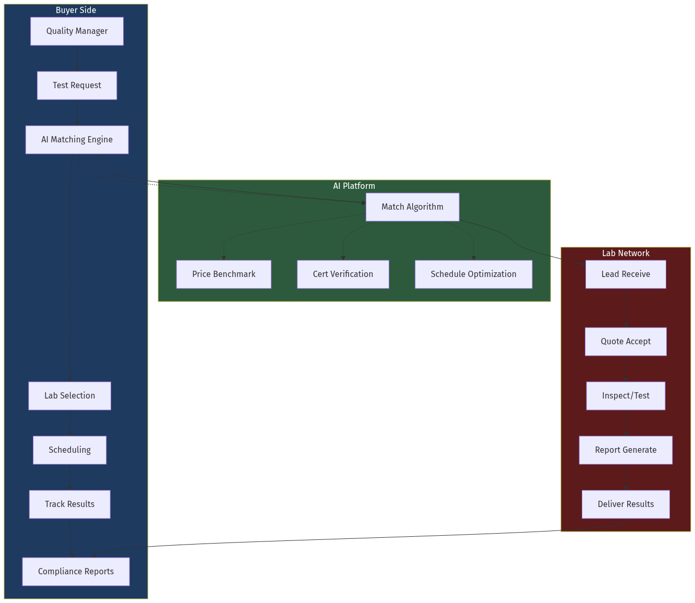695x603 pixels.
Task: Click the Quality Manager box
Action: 77,31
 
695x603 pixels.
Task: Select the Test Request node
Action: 77,86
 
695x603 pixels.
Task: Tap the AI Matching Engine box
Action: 77,140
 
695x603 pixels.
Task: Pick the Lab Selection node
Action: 69,396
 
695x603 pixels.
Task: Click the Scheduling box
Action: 69,450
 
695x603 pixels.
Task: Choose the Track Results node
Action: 69,504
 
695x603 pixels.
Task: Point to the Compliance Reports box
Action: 76,572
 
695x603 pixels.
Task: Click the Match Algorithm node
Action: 412,207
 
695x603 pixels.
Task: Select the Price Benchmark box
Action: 223,274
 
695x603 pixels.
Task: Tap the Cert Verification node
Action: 343,274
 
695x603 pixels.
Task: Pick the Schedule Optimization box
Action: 473,274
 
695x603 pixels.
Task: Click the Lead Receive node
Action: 626,274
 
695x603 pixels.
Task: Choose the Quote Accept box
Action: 626,342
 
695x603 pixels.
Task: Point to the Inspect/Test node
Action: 626,396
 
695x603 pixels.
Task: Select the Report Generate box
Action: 626,450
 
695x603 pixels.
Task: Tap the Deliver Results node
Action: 626,504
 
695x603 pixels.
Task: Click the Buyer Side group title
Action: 76,10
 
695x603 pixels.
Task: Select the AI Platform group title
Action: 354,186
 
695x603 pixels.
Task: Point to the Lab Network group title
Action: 626,254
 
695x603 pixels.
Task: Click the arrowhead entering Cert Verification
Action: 343,258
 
